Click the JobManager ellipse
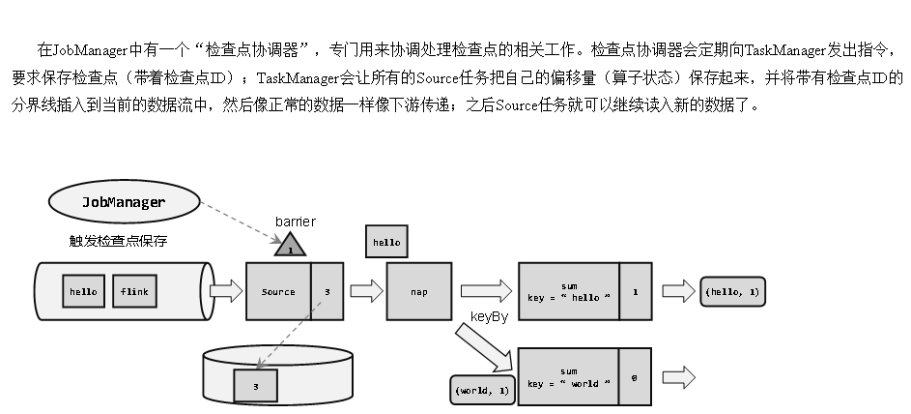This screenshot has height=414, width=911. [x=123, y=202]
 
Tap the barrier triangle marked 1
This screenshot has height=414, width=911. [x=289, y=246]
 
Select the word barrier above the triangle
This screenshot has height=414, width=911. [x=295, y=222]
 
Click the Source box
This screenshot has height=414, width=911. [x=278, y=291]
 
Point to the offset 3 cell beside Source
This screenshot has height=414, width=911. [x=327, y=291]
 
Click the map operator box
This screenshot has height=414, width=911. [x=419, y=291]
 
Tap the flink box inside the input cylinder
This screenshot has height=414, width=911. [x=133, y=290]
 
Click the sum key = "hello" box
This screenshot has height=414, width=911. [x=568, y=291]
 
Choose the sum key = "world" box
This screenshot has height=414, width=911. [x=568, y=377]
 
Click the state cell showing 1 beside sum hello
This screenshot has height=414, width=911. [x=634, y=291]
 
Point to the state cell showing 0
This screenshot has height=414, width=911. [x=634, y=377]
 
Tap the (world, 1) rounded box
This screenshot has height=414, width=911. [x=480, y=390]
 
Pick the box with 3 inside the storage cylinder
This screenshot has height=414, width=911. [x=255, y=386]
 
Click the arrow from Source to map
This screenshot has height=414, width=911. [x=365, y=290]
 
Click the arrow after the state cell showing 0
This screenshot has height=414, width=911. [x=677, y=377]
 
